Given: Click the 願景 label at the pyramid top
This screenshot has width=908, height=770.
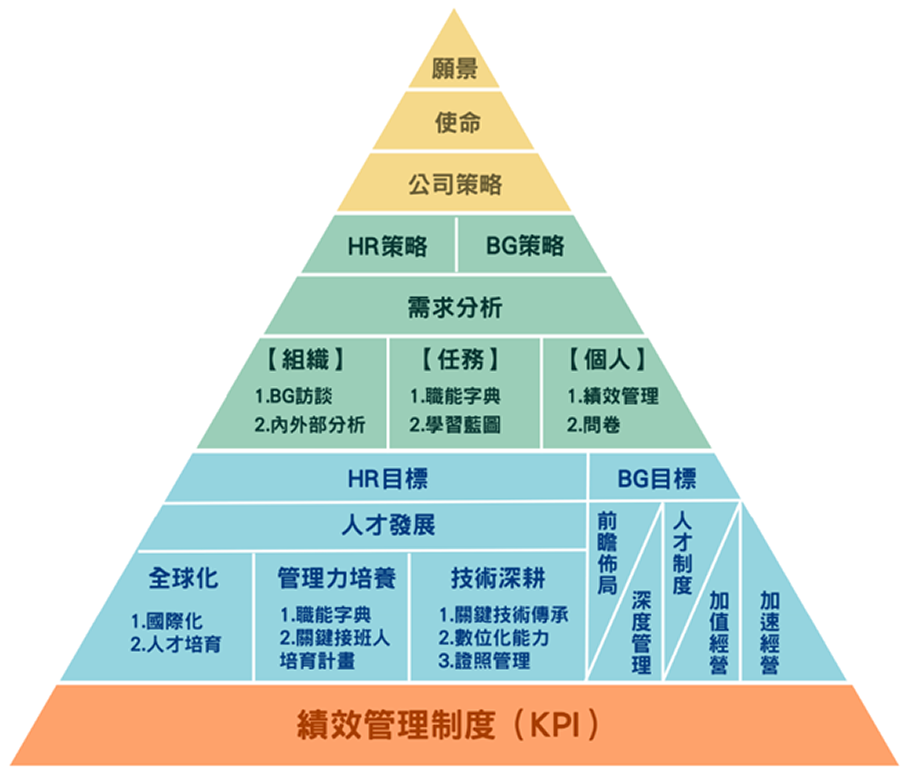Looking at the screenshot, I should [454, 69].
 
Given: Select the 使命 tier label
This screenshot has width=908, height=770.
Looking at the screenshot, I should [458, 122].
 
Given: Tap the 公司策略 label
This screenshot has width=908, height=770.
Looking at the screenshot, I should [455, 184].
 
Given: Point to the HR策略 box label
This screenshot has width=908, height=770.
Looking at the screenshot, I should [387, 246].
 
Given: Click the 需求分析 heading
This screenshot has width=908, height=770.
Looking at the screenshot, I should [455, 307].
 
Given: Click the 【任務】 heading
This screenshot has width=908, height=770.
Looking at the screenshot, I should [460, 359].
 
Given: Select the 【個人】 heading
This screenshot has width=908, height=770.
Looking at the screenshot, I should [607, 359].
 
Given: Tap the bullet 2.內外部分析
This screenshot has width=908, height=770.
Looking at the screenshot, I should [310, 425].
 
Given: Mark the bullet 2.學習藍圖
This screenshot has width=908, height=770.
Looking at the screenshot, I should [455, 425].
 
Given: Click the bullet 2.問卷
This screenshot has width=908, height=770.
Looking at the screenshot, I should [593, 425].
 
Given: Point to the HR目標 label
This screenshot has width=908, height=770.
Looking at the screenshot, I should [387, 479].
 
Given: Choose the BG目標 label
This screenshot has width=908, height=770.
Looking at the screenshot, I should [657, 479].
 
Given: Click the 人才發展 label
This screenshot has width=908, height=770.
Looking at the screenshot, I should [388, 525].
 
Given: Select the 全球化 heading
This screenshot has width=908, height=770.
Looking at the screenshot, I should [183, 578].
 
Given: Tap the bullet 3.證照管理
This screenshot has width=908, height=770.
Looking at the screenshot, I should [485, 661].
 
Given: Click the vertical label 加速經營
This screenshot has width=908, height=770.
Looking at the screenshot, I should [770, 633].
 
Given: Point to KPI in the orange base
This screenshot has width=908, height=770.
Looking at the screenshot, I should [555, 725].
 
